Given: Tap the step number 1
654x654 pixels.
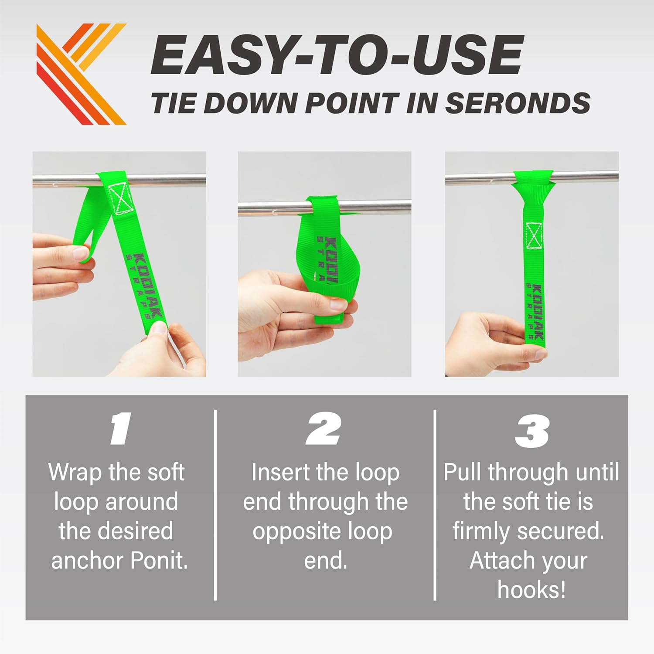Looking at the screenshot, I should [x=120, y=429].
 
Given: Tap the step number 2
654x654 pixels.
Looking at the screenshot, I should [x=324, y=429].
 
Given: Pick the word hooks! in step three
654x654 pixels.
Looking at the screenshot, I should [x=531, y=589].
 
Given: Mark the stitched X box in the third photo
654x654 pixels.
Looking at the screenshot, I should [x=534, y=236].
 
